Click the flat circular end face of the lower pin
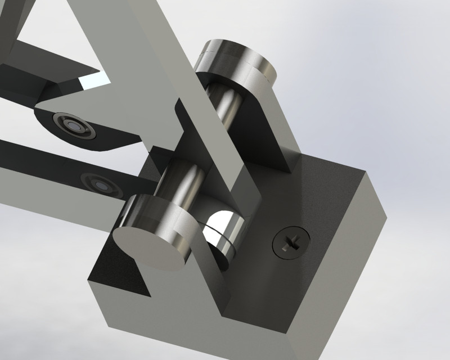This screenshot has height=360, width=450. (x=149, y=247)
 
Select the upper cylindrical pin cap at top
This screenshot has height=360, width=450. (x=236, y=59)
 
